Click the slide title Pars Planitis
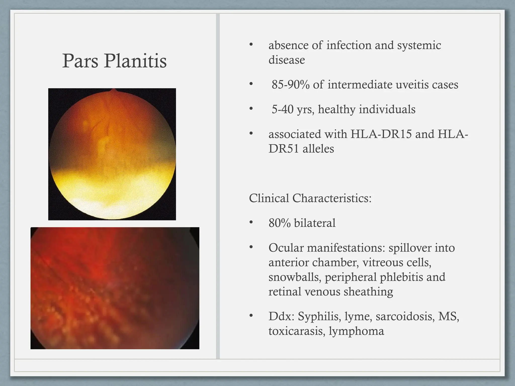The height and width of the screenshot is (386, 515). coord(114,61)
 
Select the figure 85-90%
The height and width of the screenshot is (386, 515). coord(290,85)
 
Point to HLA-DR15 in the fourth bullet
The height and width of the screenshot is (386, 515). coord(381,134)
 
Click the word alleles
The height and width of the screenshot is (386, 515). coord(318,149)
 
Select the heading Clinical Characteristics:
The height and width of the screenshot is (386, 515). coord(310,198)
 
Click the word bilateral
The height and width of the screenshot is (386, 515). coord(315,223)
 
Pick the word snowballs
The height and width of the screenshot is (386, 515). coord(295,277)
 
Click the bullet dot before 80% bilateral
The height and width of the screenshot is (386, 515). coord(251,222)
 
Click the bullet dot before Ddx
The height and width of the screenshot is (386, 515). coord(251,315)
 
